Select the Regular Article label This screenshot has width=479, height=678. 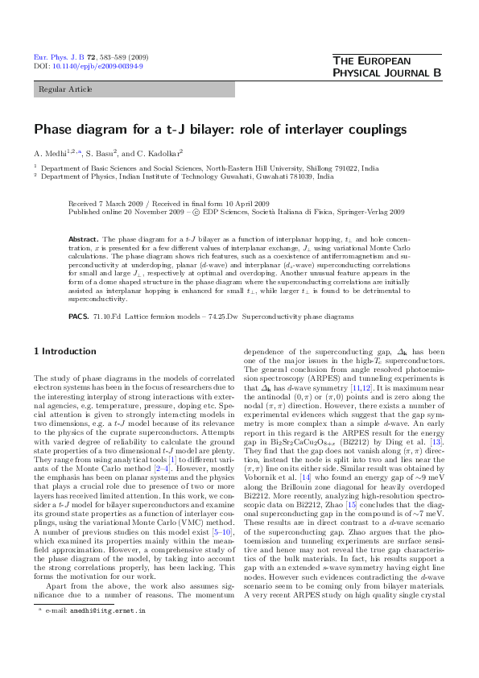click(65, 89)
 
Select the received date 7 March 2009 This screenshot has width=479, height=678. click(122, 205)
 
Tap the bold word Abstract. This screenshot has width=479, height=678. click(83, 240)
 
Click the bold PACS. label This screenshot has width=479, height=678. click(79, 316)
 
